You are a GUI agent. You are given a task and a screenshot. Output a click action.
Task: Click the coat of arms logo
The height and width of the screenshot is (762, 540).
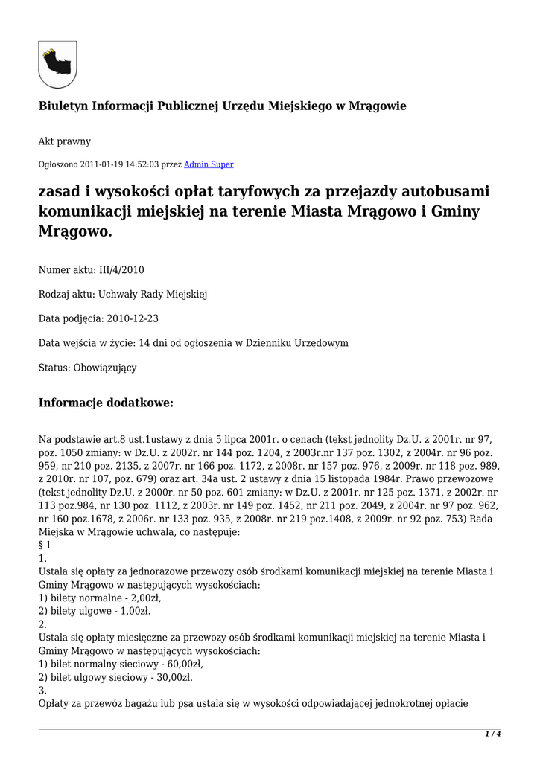[57, 64]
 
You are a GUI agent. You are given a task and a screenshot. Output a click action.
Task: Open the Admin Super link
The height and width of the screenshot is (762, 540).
[209, 164]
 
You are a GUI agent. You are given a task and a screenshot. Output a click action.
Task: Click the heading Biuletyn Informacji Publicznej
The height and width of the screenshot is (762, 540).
[222, 106]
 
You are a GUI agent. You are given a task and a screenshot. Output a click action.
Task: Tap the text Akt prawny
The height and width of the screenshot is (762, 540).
[64, 141]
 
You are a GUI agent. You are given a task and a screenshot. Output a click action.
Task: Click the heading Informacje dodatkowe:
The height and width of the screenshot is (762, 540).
[106, 403]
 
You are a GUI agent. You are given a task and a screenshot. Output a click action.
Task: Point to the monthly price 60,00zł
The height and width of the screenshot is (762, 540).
[182, 664]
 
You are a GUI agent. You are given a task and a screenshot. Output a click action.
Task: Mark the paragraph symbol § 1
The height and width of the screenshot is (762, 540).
[45, 545]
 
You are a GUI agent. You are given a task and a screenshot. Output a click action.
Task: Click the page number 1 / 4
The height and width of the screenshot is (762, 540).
[492, 734]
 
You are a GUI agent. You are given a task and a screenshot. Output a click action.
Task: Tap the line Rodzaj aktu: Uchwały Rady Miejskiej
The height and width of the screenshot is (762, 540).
[123, 294]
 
